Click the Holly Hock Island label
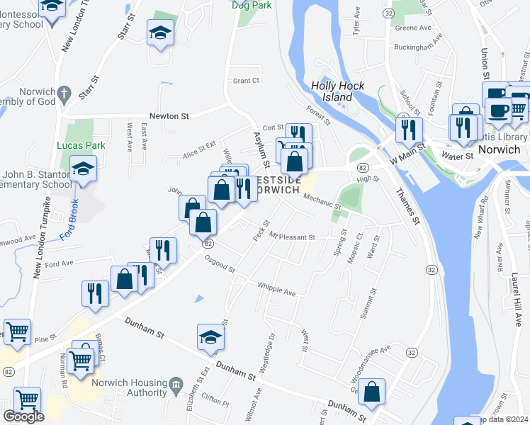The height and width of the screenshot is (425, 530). point(338,91)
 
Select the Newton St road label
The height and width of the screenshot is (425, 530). point(169,116)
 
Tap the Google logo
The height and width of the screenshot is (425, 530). point(23,416)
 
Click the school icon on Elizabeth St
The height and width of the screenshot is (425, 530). point(210,337)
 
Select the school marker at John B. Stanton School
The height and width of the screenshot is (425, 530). point(84,169)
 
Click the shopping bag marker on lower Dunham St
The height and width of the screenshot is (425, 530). point(371,391)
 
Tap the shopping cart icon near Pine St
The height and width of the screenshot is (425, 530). point(17,330)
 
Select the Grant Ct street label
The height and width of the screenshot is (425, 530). point(247,81)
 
